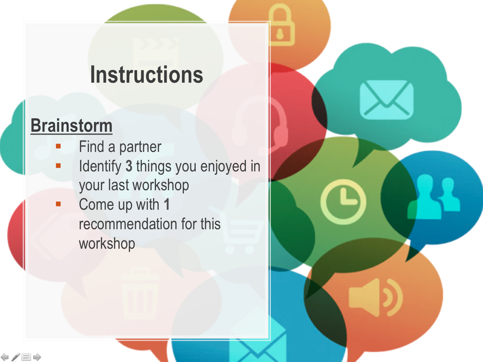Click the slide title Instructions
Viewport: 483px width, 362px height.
(147, 75)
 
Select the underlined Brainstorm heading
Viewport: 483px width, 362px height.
(71, 126)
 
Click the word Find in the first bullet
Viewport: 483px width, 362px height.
(91, 147)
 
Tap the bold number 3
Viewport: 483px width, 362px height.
(129, 166)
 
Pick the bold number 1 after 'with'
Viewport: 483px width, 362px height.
(167, 204)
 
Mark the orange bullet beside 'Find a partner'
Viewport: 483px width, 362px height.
(58, 146)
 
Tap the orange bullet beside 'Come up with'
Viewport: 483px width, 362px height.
(58, 204)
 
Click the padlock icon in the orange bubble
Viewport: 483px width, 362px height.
(281, 25)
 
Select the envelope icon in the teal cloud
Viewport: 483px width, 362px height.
(386, 100)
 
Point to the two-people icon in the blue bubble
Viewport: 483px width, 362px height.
(433, 197)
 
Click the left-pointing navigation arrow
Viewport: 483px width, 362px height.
(5, 357)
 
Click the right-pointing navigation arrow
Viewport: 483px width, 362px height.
(37, 357)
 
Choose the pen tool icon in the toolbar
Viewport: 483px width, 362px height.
(15, 357)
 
